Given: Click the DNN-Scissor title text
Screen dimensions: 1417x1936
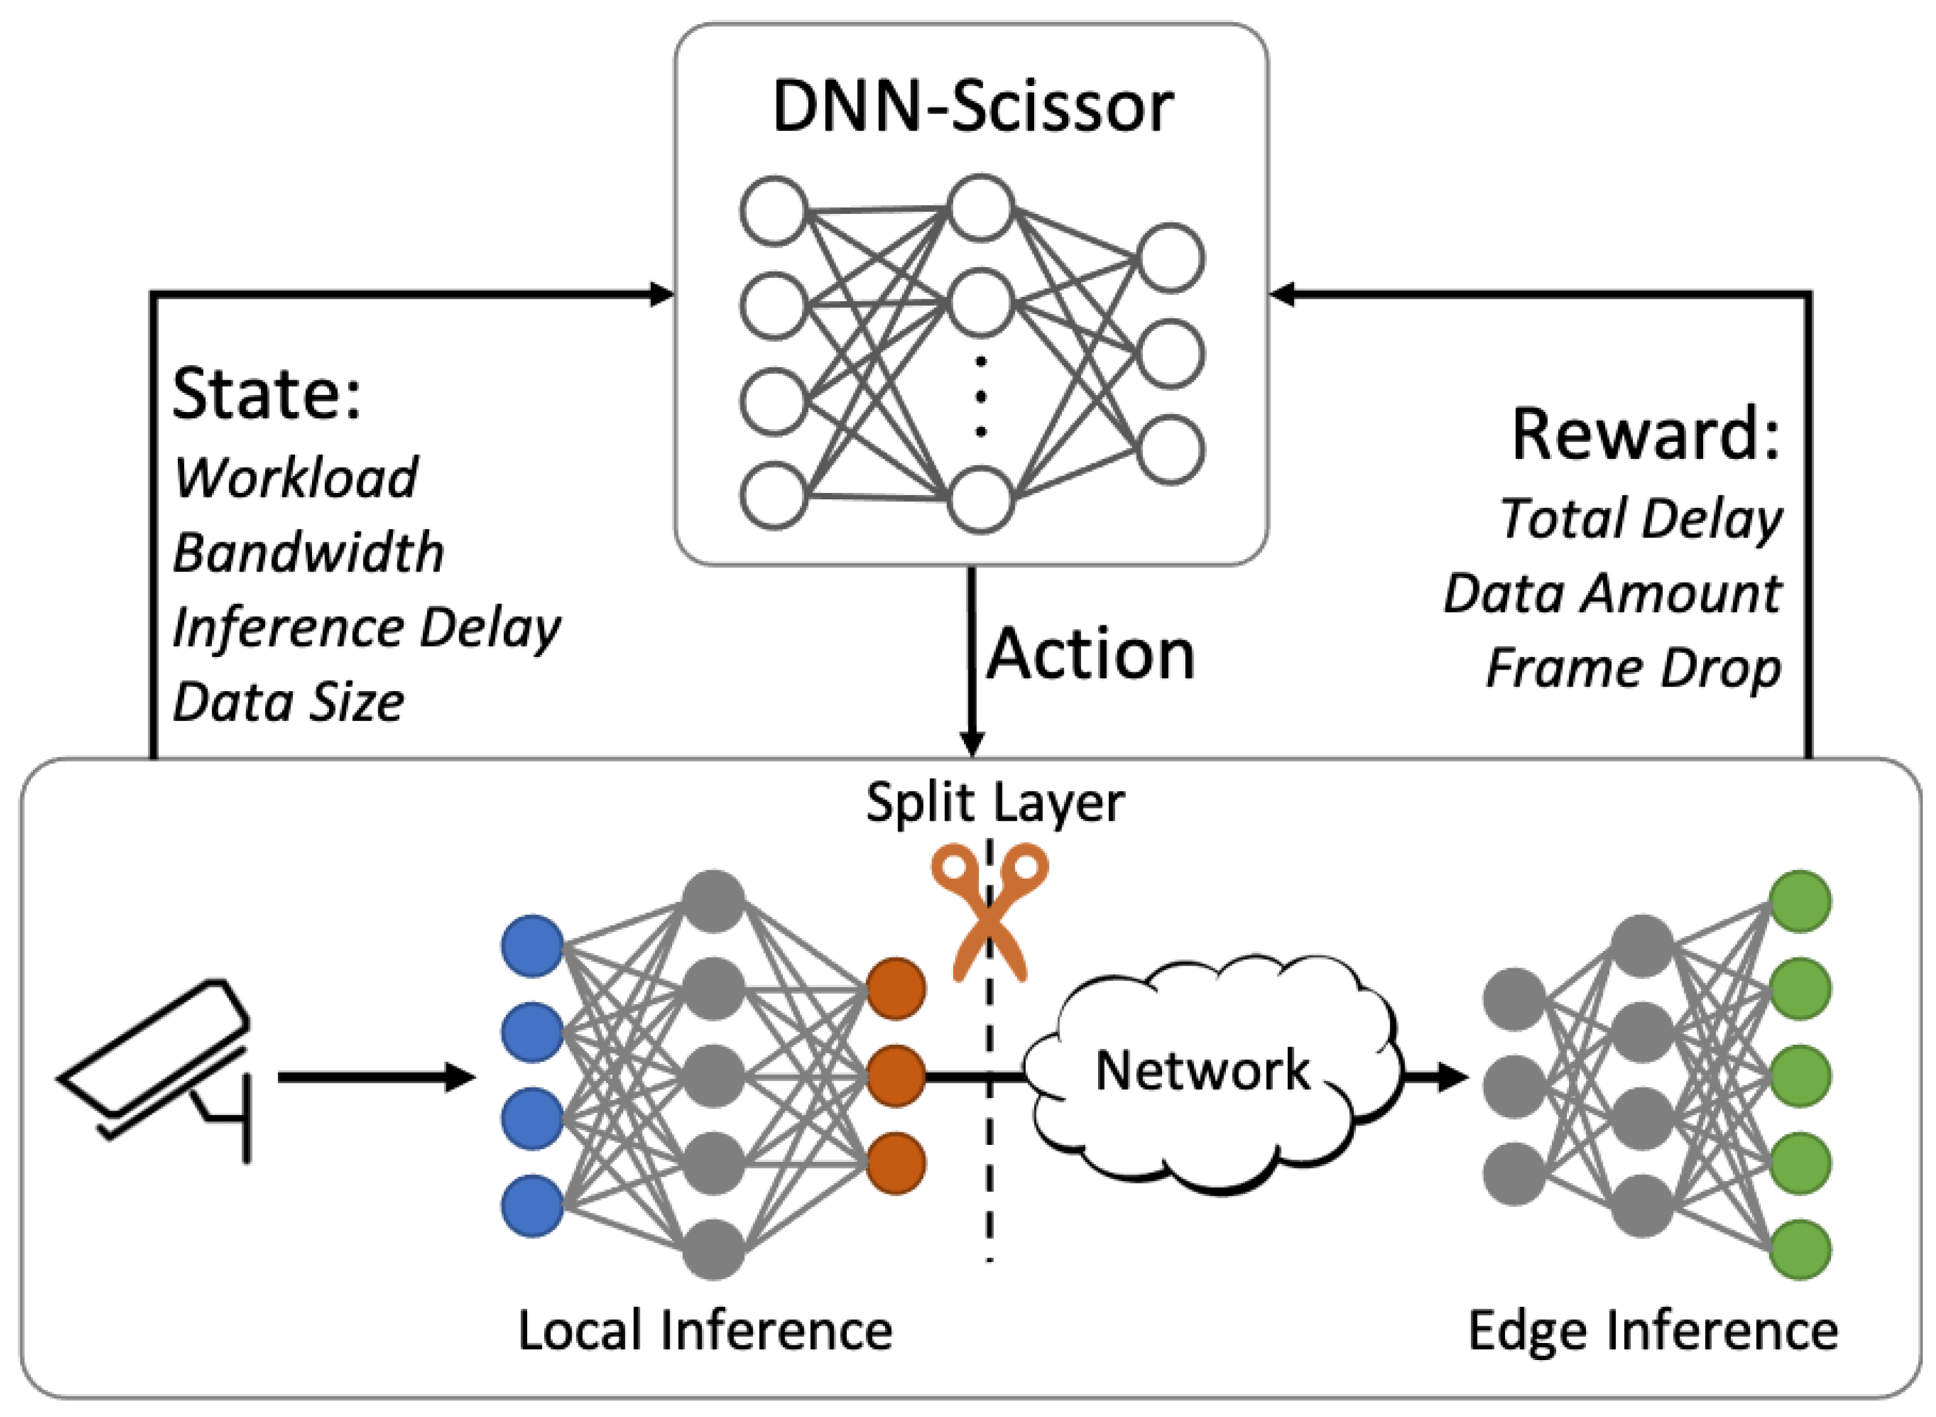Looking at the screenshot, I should (x=972, y=107).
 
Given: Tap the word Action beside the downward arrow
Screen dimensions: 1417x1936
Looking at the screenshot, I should (x=1090, y=654).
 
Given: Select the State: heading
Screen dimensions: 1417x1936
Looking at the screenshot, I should (x=267, y=394).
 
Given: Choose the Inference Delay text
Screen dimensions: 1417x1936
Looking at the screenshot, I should (x=366, y=627).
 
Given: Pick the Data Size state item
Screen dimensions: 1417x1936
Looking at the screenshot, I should (x=288, y=702).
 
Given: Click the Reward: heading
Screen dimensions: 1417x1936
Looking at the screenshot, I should (x=1646, y=434).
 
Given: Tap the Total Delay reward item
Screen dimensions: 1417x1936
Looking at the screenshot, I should (x=1640, y=518).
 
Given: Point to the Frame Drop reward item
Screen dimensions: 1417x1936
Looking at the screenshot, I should (x=1632, y=668).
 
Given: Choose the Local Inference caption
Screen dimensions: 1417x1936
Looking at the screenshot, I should (x=705, y=1330).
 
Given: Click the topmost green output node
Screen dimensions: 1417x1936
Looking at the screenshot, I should (x=1801, y=901).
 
